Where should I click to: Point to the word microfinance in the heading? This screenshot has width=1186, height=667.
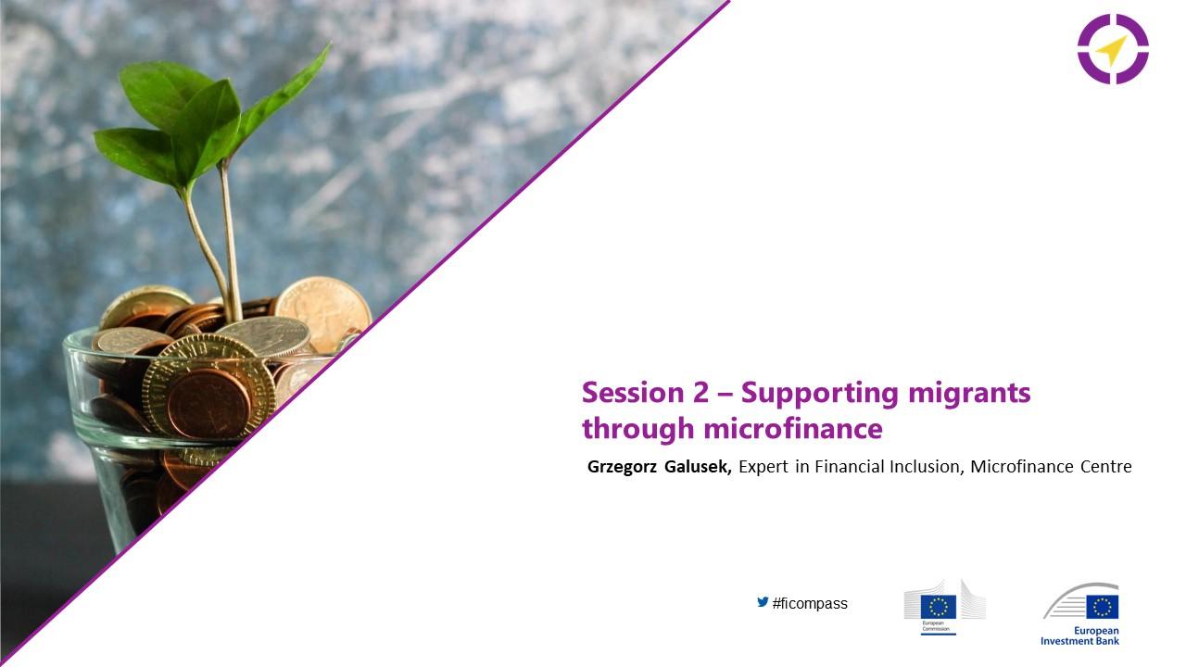pyautogui.click(x=793, y=428)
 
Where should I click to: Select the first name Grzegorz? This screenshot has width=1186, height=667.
pyautogui.click(x=622, y=468)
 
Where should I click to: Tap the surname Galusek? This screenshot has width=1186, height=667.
pyautogui.click(x=698, y=467)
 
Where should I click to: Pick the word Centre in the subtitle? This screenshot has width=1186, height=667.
pyautogui.click(x=1105, y=467)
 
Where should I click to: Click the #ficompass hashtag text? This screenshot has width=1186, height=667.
pyautogui.click(x=810, y=603)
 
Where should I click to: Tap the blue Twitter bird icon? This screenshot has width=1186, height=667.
pyautogui.click(x=763, y=602)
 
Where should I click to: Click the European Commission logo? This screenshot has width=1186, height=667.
pyautogui.click(x=944, y=608)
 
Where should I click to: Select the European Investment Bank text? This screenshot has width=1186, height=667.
pyautogui.click(x=1079, y=636)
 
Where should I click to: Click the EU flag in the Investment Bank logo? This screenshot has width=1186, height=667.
pyautogui.click(x=1103, y=607)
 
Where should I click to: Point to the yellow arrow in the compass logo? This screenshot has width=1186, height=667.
pyautogui.click(x=1111, y=51)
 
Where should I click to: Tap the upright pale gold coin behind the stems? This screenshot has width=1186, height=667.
pyautogui.click(x=324, y=312)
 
